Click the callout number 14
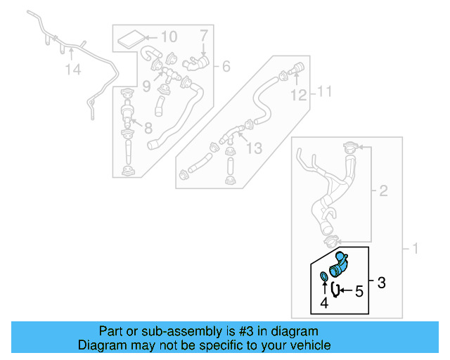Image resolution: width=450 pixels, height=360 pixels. click(x=73, y=70)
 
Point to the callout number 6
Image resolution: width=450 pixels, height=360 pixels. click(x=226, y=67)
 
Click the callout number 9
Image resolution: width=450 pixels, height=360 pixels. click(x=146, y=87)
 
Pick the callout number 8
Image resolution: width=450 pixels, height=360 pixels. click(x=148, y=128)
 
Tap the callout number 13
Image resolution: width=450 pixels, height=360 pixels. click(x=254, y=148)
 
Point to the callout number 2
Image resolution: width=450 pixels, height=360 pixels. click(x=383, y=191)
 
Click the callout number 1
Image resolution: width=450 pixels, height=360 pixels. click(x=414, y=248)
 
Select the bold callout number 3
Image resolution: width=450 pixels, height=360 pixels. click(x=382, y=283)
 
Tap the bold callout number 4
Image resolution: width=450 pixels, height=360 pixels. click(x=323, y=304)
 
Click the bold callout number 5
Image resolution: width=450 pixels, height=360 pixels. click(x=359, y=290)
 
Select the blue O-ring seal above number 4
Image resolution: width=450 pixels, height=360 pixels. click(x=323, y=276)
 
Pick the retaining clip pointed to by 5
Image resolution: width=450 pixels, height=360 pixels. click(x=336, y=290)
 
